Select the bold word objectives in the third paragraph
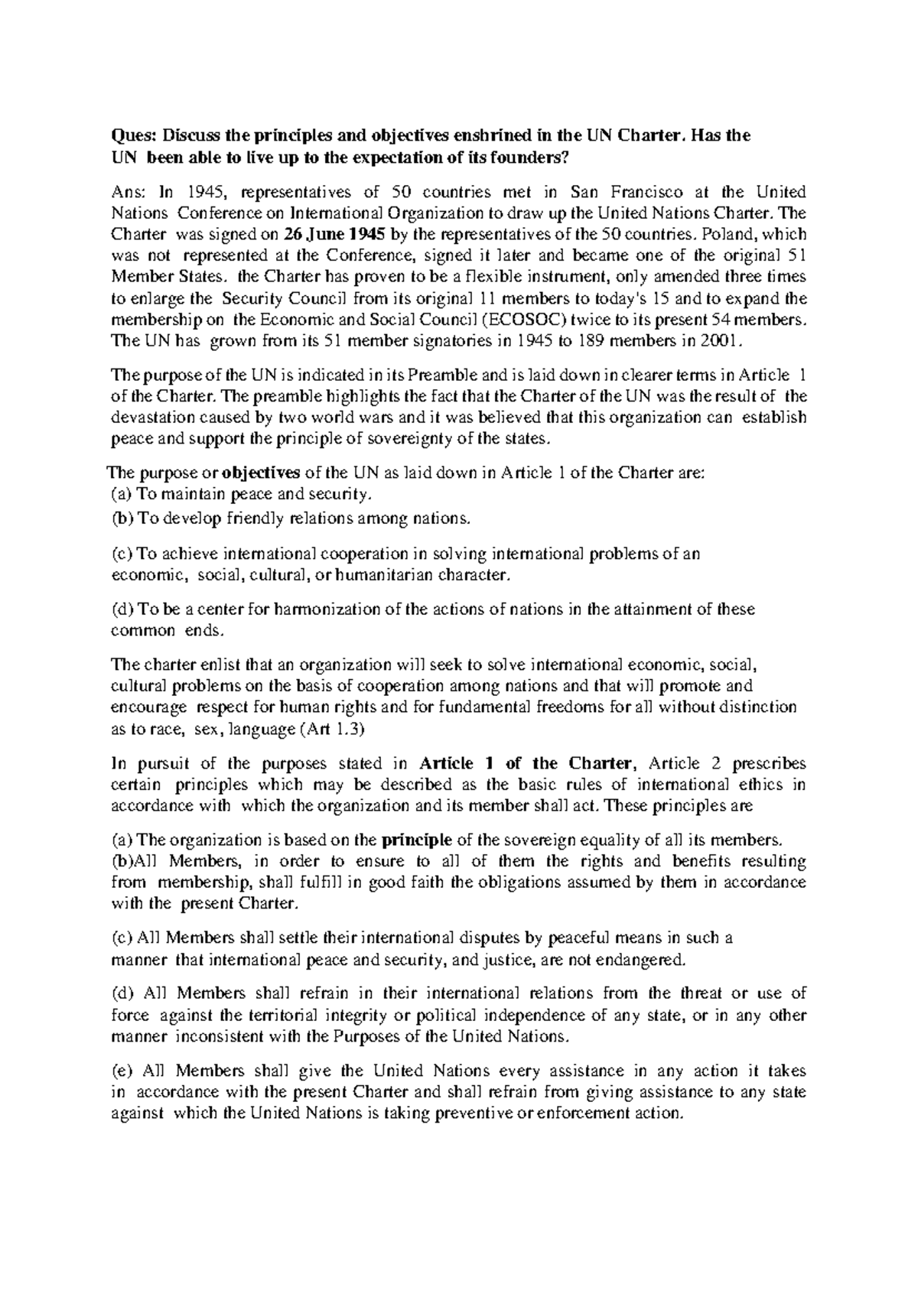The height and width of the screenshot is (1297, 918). click(261, 473)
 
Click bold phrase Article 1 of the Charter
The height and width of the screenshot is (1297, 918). click(527, 763)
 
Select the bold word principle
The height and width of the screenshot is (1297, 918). click(416, 840)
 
